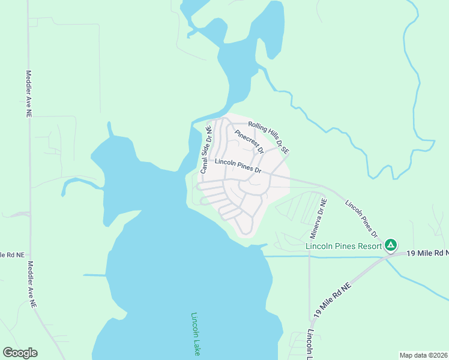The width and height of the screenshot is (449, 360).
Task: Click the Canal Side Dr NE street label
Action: tap(206, 149)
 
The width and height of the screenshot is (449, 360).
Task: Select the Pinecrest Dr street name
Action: tap(249, 141)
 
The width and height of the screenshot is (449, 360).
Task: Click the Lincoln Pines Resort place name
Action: tap(344, 246)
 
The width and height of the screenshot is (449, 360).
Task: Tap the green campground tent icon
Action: tap(391, 245)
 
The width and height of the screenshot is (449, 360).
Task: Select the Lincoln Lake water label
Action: tap(195, 334)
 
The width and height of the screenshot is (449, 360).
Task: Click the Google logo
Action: tap(20, 353)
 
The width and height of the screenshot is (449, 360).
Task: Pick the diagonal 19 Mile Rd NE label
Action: tap(332, 300)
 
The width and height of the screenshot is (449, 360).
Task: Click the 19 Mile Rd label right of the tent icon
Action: tap(426, 254)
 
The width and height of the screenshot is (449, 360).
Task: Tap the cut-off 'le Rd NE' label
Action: tap(12, 255)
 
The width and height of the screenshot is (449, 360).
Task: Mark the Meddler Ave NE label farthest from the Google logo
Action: tap(28, 93)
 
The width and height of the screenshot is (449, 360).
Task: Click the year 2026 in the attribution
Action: tap(439, 355)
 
